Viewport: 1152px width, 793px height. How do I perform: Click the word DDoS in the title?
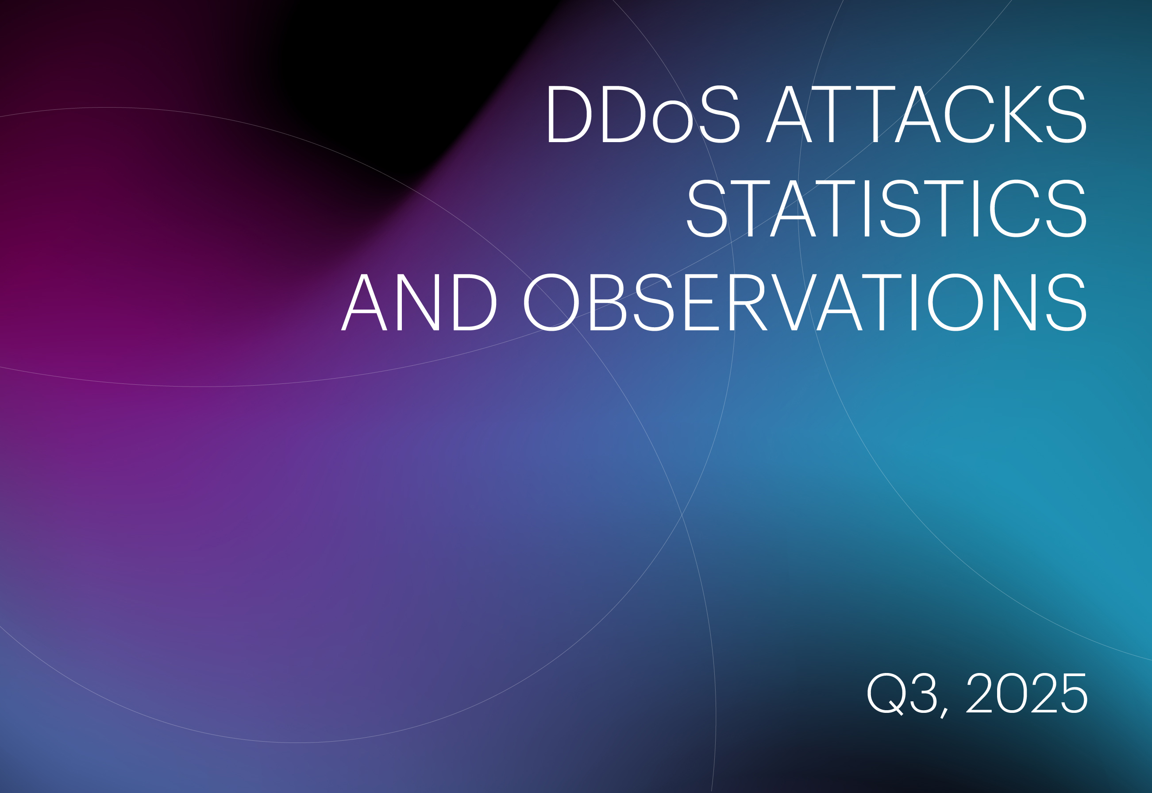[x=644, y=114]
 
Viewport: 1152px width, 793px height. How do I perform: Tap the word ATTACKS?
[x=927, y=114]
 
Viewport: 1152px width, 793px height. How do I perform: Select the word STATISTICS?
[x=887, y=208]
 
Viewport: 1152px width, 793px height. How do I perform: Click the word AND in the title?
[x=419, y=302]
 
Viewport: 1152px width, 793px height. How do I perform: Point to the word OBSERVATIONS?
[x=805, y=302]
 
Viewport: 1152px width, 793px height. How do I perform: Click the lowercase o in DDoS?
[x=673, y=122]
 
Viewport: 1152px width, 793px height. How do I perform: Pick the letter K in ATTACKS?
[x=1023, y=114]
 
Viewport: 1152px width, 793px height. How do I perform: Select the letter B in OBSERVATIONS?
[x=608, y=302]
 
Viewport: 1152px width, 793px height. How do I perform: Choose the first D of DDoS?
[x=570, y=114]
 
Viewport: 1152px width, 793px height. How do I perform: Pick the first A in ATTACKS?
[x=789, y=114]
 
